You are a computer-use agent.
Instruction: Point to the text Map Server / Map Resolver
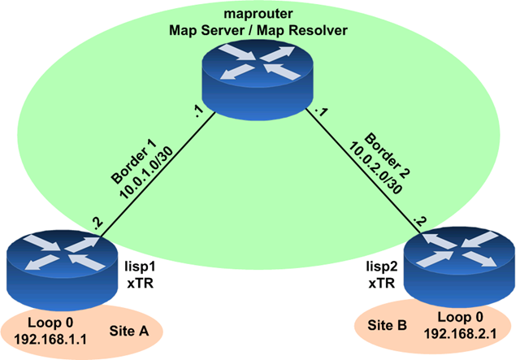[258, 30]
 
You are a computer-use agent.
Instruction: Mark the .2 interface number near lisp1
[98, 222]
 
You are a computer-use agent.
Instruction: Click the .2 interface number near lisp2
[419, 219]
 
